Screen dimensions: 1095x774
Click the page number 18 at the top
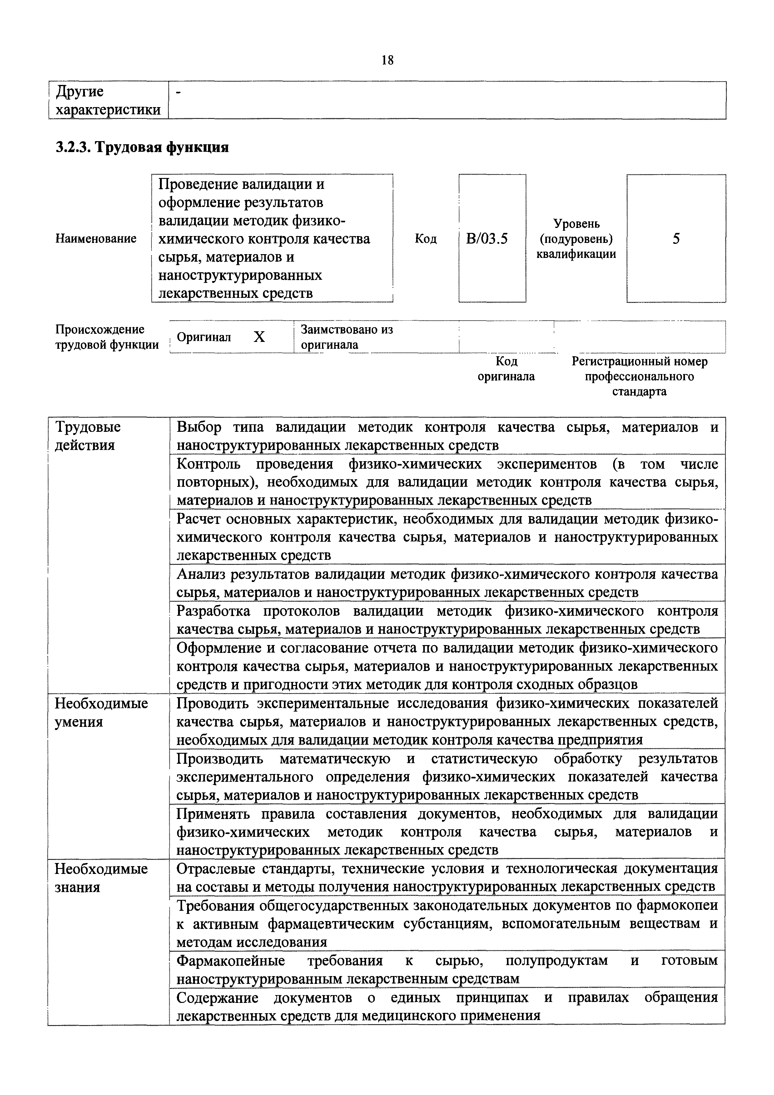coord(388,60)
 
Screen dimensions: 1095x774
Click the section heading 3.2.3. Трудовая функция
coord(142,147)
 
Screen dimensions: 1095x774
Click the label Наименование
coord(96,239)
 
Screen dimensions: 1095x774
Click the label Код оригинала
coord(506,369)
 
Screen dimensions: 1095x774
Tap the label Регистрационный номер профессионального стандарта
coord(639,376)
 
